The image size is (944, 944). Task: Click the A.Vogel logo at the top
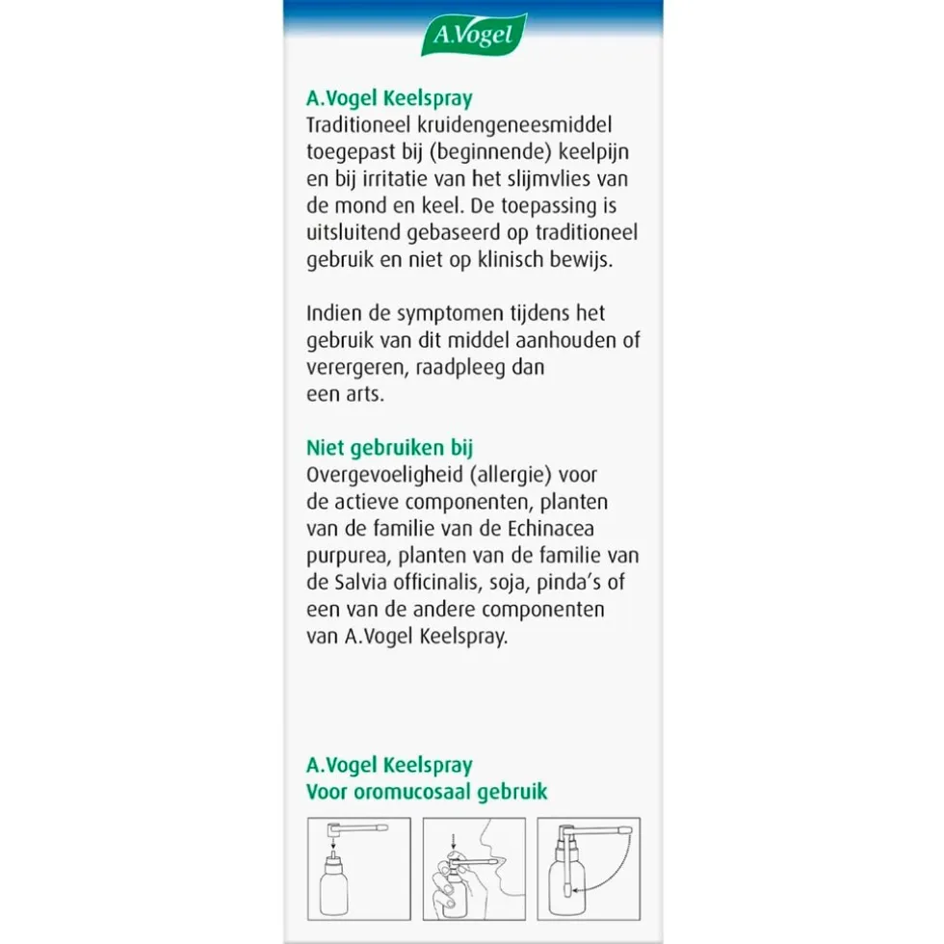[x=473, y=36]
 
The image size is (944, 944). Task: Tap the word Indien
[x=332, y=314]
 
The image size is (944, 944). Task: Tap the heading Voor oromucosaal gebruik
[x=426, y=792]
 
